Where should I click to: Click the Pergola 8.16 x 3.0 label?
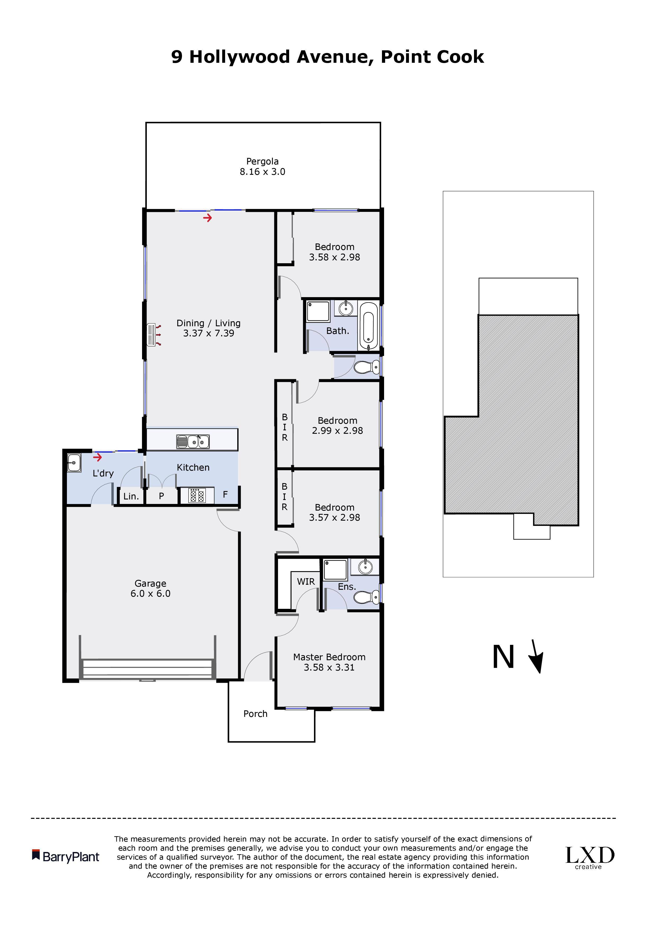click(x=262, y=166)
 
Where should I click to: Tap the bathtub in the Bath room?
click(x=368, y=326)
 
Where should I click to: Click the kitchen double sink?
click(x=193, y=441)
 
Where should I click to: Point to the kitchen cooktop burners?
click(x=197, y=496)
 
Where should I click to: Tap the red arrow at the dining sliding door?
click(x=207, y=218)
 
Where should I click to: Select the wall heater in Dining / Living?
click(x=152, y=335)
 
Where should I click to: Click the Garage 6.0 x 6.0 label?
click(x=150, y=588)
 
